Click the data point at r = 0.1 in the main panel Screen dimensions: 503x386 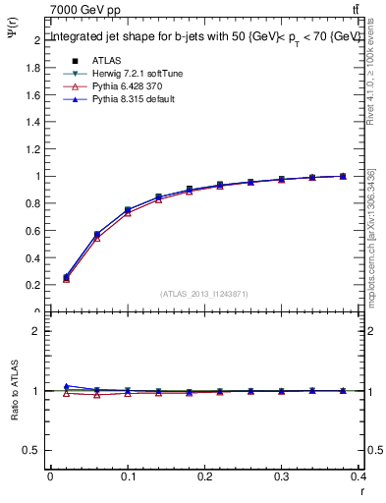tap(128, 210)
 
